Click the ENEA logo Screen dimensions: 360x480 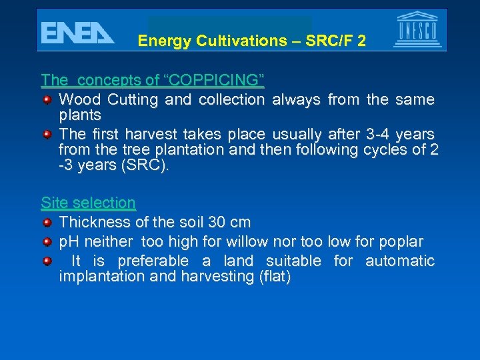pos(77,33)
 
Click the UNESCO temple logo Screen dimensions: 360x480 pos(417,30)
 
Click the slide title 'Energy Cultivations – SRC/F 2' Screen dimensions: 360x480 pos(251,41)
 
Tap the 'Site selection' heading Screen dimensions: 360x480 pos(88,203)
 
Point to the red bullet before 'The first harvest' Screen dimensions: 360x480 pos(47,135)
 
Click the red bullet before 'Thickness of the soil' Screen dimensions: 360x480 pos(47,222)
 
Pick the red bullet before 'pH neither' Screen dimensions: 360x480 pos(47,241)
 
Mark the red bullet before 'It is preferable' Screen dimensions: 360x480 pos(47,261)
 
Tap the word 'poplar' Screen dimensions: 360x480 pos(401,241)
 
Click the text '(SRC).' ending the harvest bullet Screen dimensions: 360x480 pos(146,165)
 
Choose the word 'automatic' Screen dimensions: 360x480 pos(399,261)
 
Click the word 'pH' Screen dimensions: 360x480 pos(69,241)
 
